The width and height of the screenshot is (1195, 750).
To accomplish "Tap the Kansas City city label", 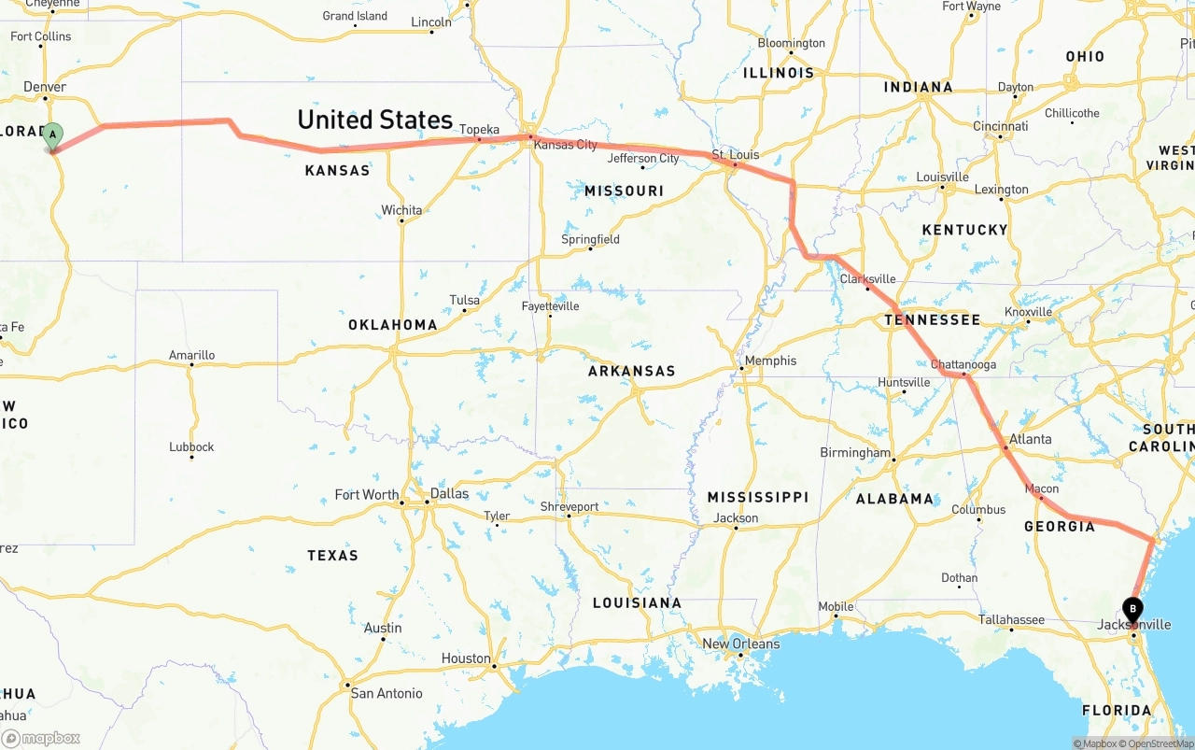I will [565, 145].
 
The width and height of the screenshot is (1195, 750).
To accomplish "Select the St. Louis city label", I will [736, 154].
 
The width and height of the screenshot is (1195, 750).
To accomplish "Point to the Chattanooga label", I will [963, 364].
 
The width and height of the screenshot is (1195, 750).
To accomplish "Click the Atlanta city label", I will [1030, 439].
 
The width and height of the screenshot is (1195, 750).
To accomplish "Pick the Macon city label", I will [1042, 488].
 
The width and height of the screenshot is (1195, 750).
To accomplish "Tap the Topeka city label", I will [479, 130].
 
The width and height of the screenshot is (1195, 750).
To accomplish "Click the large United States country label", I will [374, 120].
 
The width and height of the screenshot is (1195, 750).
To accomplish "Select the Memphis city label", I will [770, 361].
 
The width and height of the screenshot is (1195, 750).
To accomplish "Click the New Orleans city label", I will [740, 644].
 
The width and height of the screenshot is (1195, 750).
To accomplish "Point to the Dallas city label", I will [450, 493].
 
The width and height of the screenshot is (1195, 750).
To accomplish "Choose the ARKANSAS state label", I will [631, 371].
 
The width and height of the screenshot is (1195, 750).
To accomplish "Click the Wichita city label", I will [401, 210].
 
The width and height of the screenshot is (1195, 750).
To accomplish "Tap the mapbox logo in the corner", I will [41, 738].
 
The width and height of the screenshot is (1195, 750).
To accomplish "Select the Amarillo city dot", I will [190, 365].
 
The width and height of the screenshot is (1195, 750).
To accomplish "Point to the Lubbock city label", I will [191, 446].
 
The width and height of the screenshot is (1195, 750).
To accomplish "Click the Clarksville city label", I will [867, 278].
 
